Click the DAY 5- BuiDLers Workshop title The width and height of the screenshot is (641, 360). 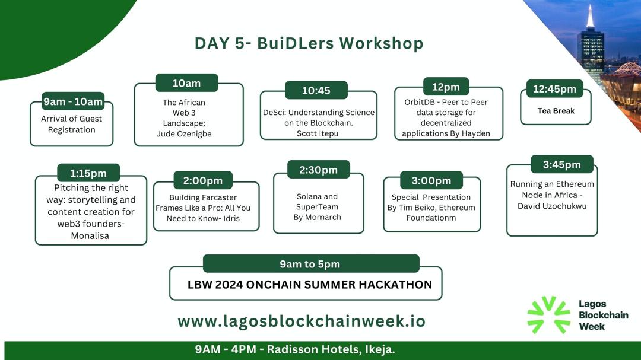pos(309,43)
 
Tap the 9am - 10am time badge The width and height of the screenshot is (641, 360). pos(73,101)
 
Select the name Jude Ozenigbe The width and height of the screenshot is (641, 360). pos(184,133)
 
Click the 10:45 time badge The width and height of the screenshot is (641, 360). pos(316,91)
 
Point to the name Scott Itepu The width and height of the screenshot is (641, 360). pos(319,133)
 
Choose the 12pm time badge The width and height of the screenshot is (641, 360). pos(446,87)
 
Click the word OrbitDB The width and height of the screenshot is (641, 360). pos(420,102)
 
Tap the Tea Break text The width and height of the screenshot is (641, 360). pos(556,111)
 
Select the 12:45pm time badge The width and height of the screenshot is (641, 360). pos(554,89)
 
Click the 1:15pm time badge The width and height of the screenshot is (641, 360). pos(88,173)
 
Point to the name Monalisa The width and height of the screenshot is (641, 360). pos(91,235)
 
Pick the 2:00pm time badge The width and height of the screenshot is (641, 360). pos(203,180)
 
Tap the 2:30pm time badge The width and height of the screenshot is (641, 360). pos(318,170)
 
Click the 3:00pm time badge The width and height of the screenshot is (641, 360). pos(431,180)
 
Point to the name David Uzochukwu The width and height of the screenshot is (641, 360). pos(552,205)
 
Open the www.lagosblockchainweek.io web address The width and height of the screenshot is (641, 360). pos(302,321)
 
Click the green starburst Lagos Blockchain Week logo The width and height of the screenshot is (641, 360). pos(548,314)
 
